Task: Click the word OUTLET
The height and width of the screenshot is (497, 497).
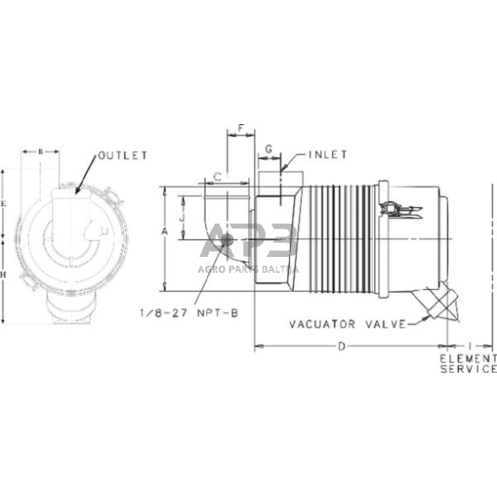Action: point(123,156)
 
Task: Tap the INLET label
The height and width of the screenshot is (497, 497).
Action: point(328,155)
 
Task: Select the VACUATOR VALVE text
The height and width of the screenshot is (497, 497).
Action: point(345,324)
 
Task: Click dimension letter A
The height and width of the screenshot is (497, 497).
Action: point(165,230)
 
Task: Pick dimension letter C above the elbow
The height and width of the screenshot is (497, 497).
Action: point(217,177)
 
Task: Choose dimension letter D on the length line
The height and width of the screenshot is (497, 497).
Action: point(341,346)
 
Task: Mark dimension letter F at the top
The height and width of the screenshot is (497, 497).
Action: point(241,129)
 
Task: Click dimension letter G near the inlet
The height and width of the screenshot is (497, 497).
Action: point(268,150)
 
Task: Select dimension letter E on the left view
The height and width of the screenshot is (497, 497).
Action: point(6,205)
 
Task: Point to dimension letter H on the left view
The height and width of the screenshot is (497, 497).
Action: point(6,275)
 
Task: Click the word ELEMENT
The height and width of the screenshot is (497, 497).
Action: point(467,358)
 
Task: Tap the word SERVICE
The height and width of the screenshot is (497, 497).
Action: point(467,369)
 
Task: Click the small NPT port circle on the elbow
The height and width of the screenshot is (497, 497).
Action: point(227,244)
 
